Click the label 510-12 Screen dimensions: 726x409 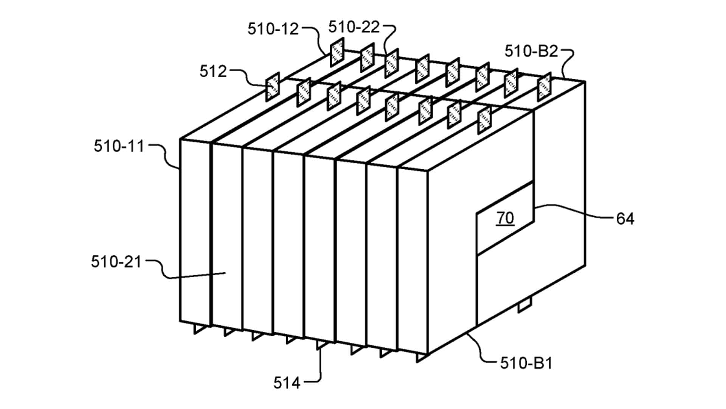point(273,29)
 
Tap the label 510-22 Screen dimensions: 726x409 point(354,27)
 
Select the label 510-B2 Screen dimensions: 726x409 point(531,51)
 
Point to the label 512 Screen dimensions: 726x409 point(213,71)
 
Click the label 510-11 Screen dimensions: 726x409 point(119,146)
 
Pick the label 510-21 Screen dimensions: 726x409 point(116,262)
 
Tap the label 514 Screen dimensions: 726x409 point(287,383)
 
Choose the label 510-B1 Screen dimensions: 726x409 point(526,363)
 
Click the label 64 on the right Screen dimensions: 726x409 point(625,219)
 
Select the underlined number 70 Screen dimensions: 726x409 point(505,218)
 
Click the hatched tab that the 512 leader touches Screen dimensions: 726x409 point(272,87)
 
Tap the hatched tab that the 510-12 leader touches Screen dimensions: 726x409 point(337,52)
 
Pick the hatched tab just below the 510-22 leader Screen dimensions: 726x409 point(392,63)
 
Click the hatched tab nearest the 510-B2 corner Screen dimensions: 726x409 point(544,87)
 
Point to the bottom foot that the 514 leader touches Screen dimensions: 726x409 point(322,344)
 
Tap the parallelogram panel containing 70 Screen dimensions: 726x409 point(505,218)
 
